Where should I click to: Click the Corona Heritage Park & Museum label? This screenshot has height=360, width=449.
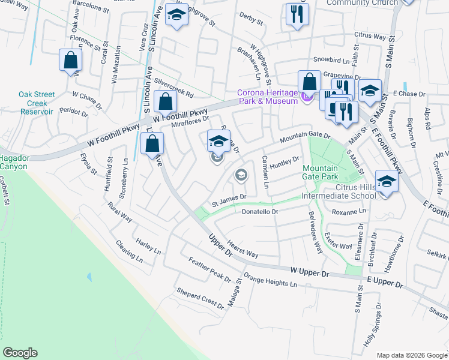point(267,97)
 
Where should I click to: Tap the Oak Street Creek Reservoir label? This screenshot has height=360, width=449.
point(37,103)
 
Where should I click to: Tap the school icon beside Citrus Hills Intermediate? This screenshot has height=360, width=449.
point(387,181)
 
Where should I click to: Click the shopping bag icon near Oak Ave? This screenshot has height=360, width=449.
point(71,60)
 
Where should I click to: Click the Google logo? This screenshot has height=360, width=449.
point(20,353)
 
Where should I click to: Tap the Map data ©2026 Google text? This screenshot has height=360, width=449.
point(412,355)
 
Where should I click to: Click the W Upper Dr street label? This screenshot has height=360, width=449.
point(310,272)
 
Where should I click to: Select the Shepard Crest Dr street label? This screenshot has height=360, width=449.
point(199,298)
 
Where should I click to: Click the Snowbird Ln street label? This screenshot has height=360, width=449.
point(331,61)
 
